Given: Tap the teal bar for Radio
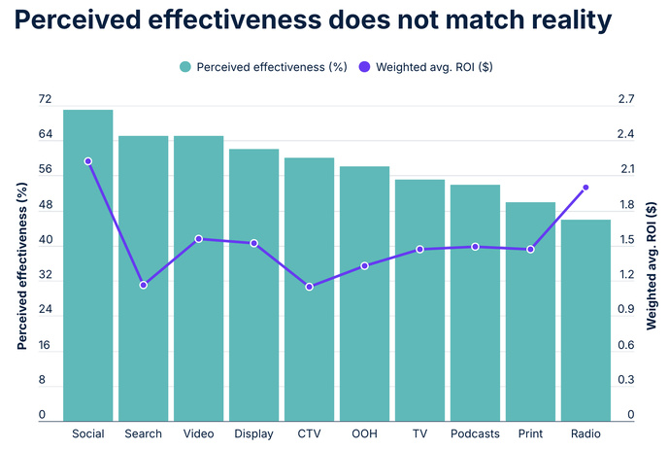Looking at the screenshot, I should pos(585,321).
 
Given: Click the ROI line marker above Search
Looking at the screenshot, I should pos(144,285).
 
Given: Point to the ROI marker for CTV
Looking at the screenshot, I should pos(310,287).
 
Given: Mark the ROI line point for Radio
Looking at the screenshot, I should pos(585,188).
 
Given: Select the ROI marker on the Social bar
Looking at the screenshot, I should pos(88,161).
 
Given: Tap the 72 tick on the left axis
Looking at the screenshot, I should pos(45,100).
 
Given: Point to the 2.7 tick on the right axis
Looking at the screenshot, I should pos(626,100).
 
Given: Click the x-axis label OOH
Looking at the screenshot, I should pos(364,433).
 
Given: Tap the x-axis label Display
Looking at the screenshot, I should pos(253,433).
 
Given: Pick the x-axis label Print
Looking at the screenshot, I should pos(530,433).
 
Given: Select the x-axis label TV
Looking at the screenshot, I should pos(419,433).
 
